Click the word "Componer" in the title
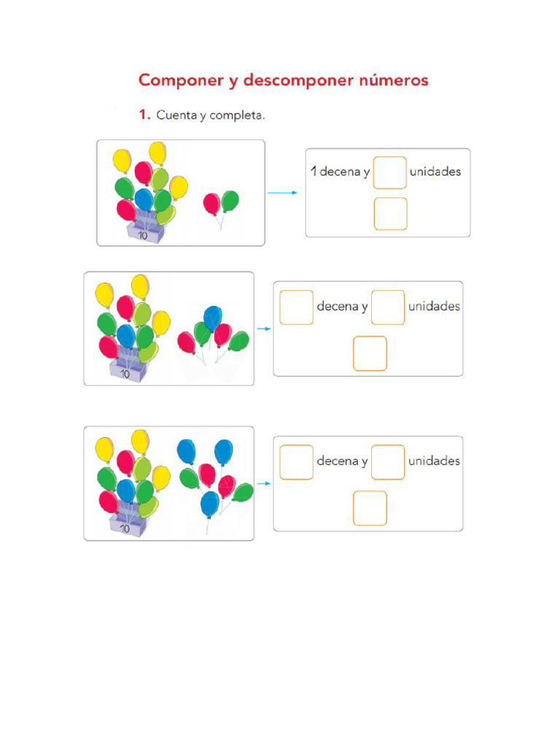pos(180,80)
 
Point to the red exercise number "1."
pos(144,114)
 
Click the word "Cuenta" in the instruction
pos(176,114)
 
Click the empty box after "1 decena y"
pos(390,173)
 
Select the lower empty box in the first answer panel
pos(390,213)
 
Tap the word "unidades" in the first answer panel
pos(435,172)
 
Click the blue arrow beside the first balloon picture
pos(282,192)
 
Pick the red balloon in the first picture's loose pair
pos(211,203)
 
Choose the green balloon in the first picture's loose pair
pos(230,200)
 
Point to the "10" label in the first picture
pos(143,236)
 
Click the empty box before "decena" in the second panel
pos(296,307)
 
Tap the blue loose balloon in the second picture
pos(213,318)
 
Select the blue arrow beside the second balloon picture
pos(264,329)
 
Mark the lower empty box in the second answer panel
pos(370,353)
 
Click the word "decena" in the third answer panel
pos(337,461)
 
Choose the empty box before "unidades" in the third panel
pos(388,462)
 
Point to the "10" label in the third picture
pos(125,529)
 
